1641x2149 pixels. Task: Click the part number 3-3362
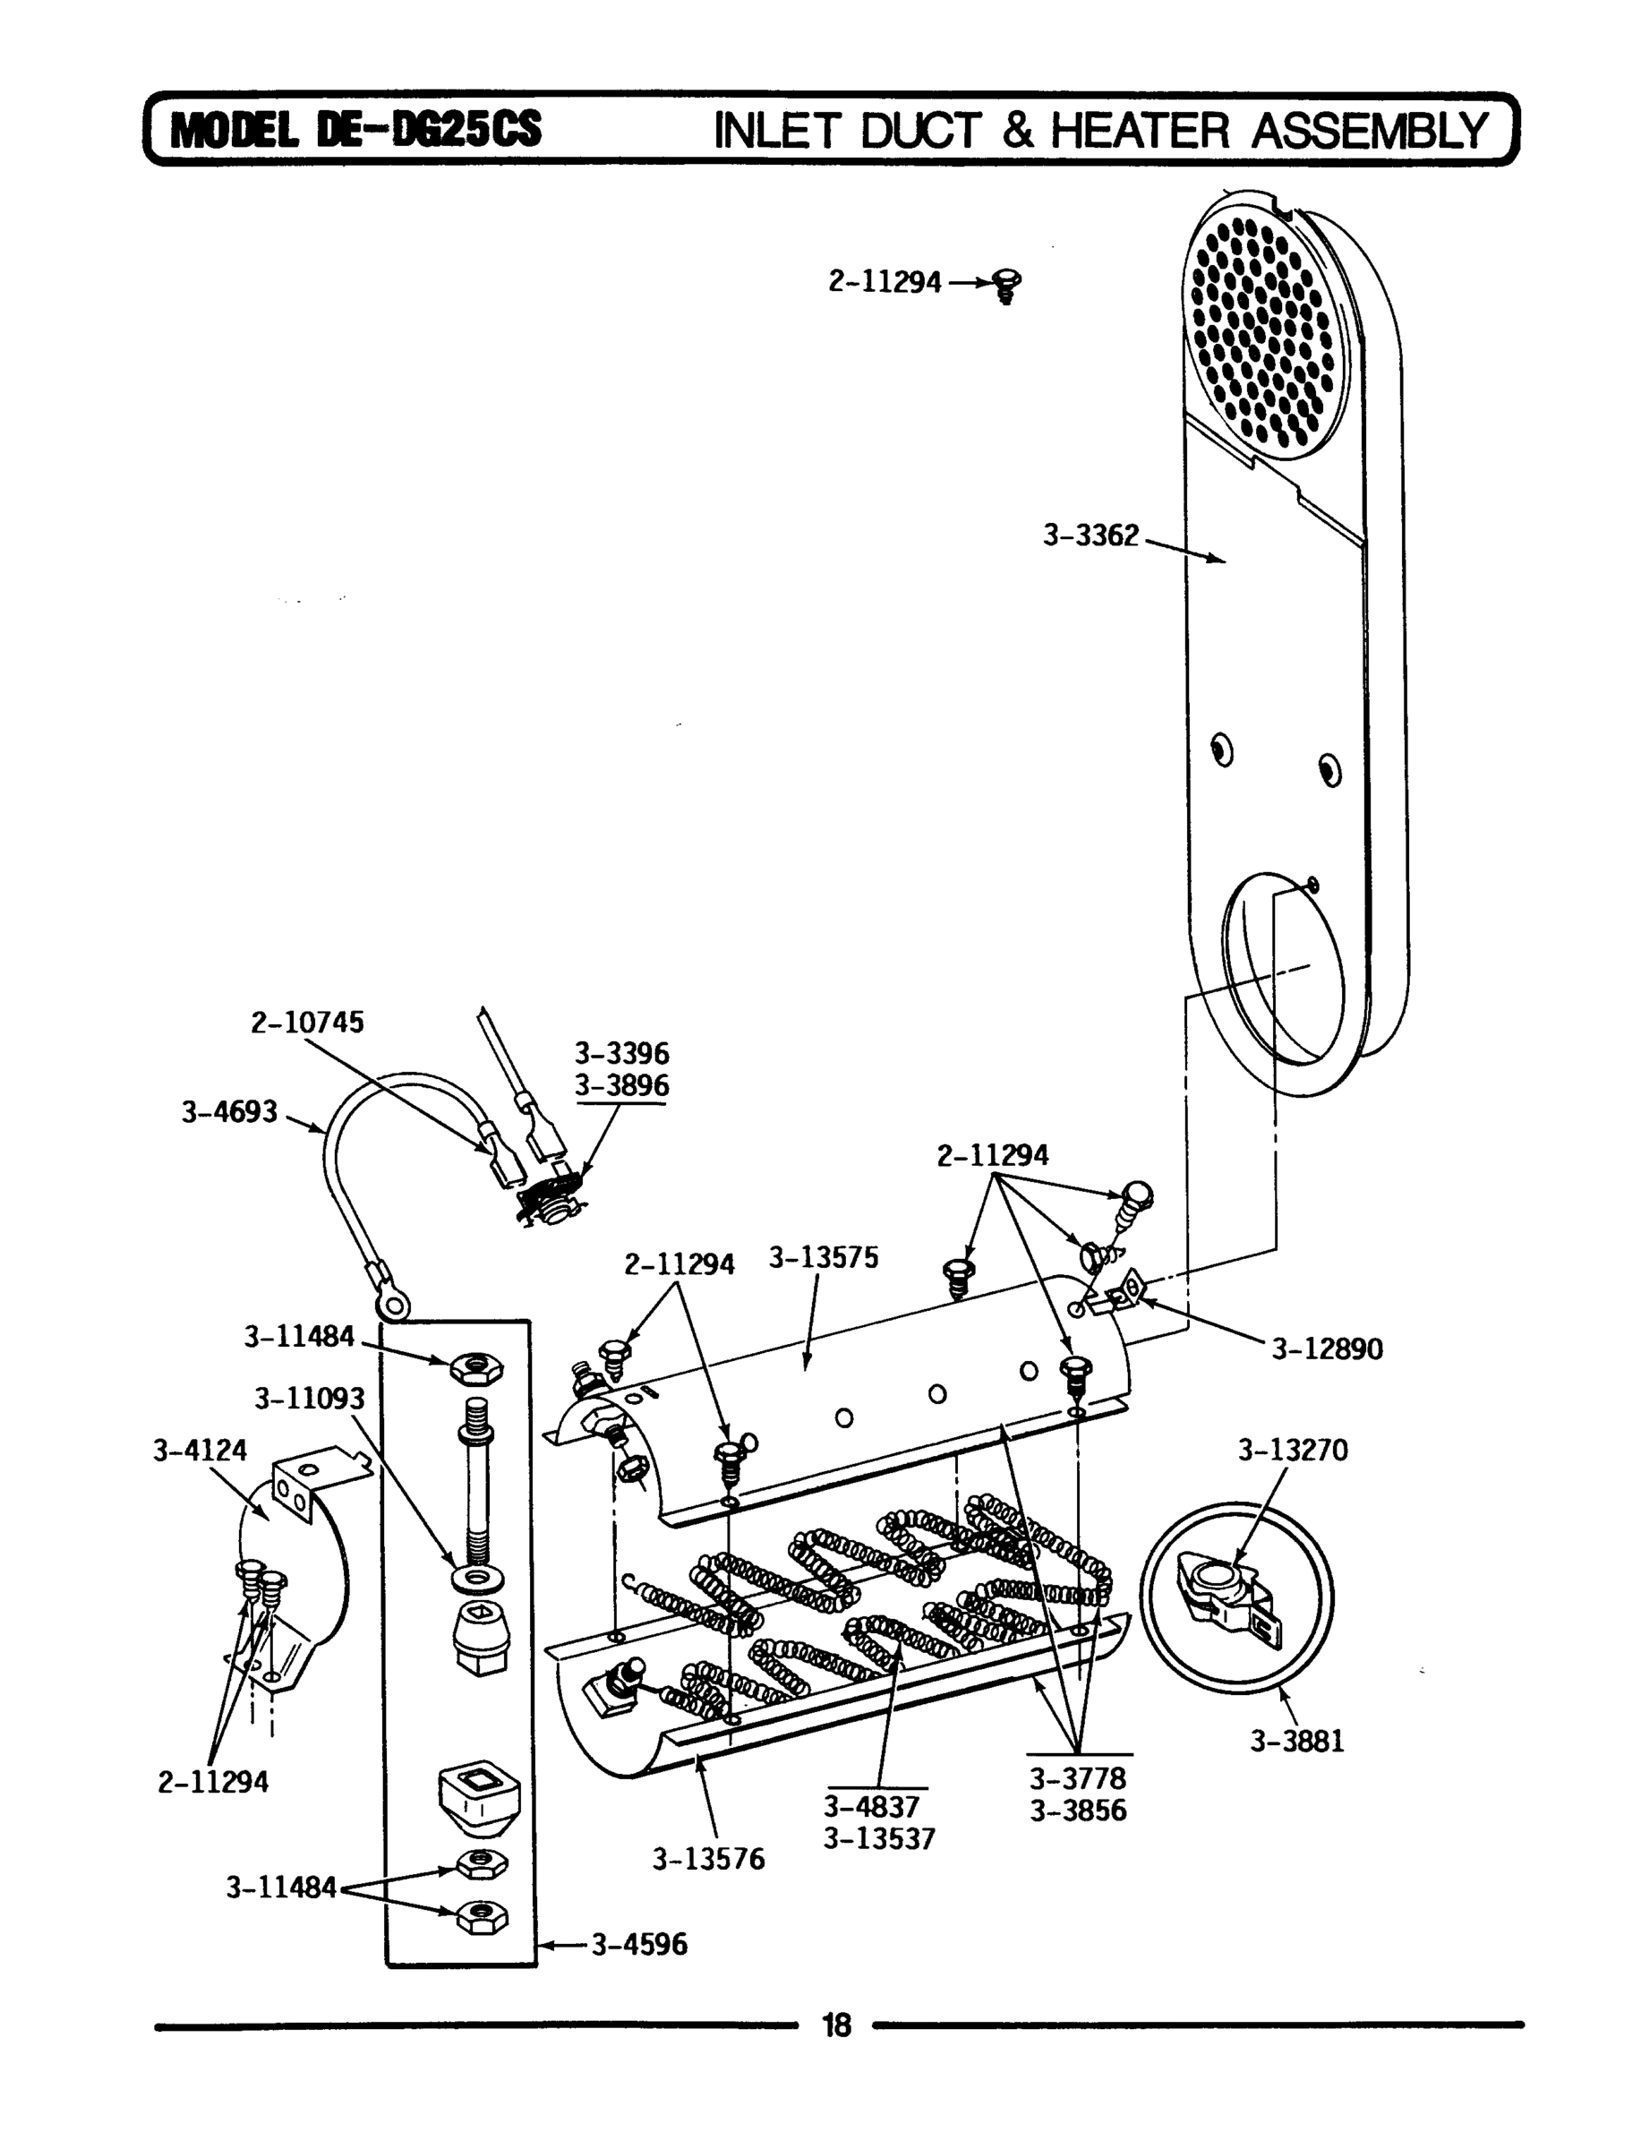click(1091, 535)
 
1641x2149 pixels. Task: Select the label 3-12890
click(1327, 1349)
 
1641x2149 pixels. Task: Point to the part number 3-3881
click(1297, 1741)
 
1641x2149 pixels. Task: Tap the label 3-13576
click(708, 1858)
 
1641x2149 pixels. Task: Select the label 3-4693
click(229, 1111)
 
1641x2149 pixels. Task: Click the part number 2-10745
click(307, 1022)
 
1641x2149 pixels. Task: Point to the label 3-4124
click(200, 1450)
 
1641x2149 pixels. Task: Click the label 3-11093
click(309, 1399)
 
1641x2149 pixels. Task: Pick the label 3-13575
click(823, 1257)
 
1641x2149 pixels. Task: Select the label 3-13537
click(879, 1838)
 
